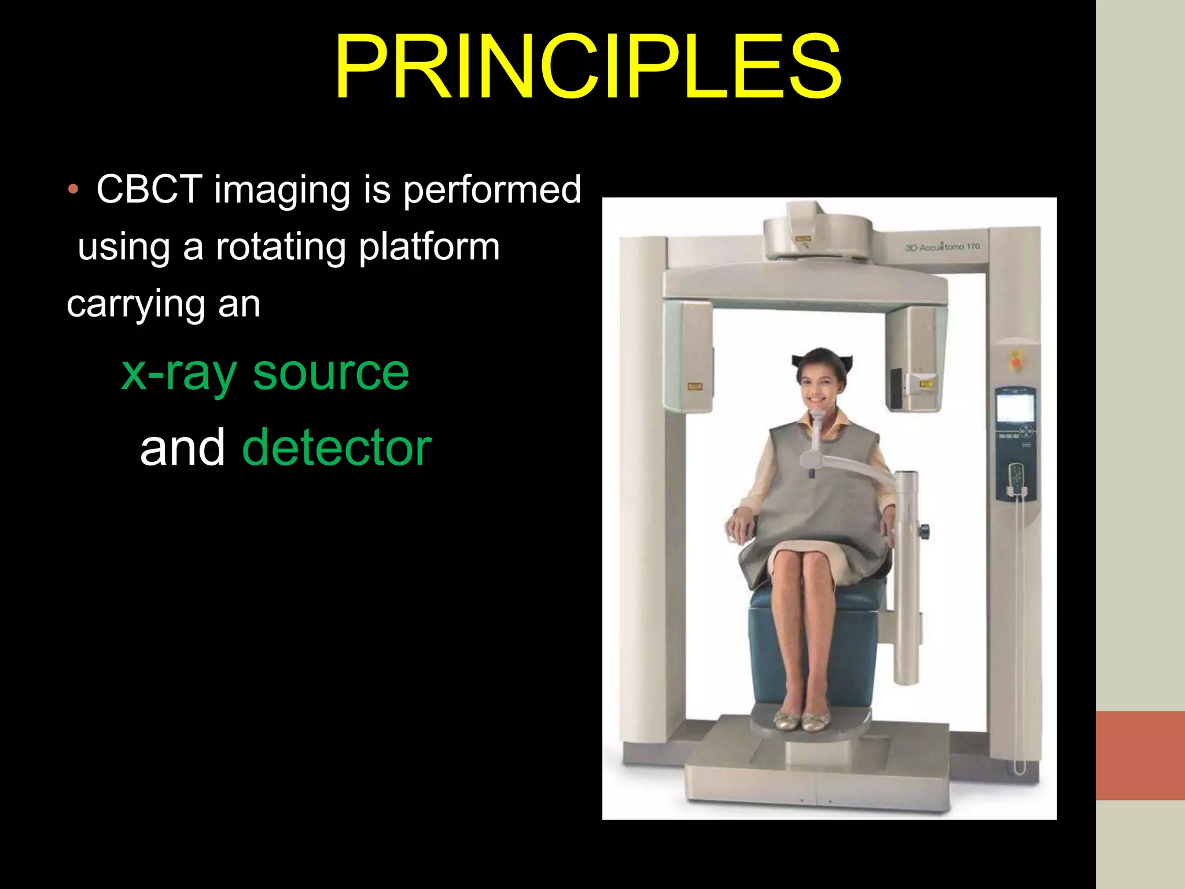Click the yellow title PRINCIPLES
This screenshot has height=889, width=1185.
587,68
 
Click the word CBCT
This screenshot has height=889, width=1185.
149,189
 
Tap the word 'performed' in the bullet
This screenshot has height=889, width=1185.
492,190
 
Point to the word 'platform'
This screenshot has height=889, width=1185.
429,248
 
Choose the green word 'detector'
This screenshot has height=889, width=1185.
337,447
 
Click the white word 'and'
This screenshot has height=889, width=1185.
182,447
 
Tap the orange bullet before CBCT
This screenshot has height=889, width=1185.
72,189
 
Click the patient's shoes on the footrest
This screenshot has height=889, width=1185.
801,720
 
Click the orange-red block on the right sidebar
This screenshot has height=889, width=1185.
1140,755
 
